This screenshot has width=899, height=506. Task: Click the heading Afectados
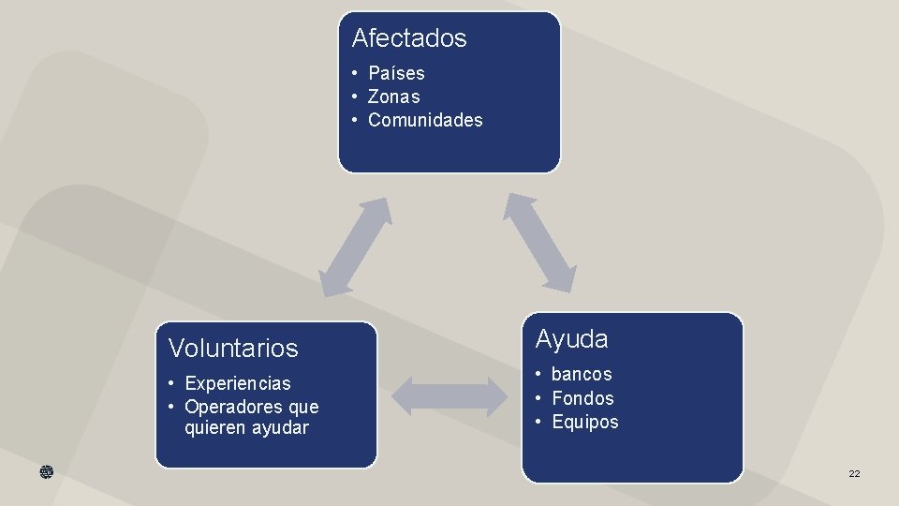point(408,38)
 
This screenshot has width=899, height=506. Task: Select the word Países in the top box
point(396,73)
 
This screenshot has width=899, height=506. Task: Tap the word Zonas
point(393,97)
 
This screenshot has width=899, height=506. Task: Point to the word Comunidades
point(425,120)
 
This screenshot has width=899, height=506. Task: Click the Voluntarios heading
point(233,349)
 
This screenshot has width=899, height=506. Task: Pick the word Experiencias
point(238,383)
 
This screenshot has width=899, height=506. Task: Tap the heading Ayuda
point(571,339)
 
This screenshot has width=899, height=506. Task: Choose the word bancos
point(582,374)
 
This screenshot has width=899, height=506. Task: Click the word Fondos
point(582,398)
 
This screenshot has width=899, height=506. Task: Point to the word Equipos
point(585,422)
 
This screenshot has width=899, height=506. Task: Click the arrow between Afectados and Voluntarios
point(354,247)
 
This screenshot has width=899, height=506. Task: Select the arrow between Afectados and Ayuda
point(539,242)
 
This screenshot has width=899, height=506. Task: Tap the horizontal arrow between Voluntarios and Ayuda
point(449,396)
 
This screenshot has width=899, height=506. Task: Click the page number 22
point(854,474)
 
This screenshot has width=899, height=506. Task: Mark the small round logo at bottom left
point(47,473)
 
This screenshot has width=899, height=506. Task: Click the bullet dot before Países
point(357,73)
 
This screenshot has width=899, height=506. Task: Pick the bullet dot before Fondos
point(540,398)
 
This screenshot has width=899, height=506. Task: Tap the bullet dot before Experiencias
point(173,383)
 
